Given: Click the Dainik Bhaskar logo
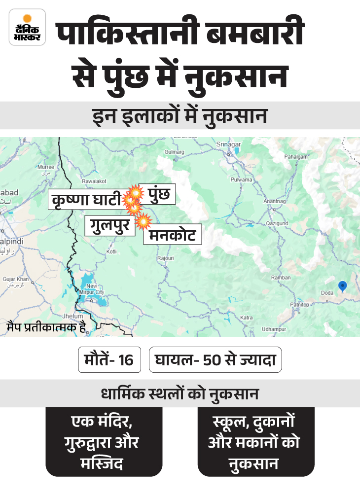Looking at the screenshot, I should (x=27, y=28).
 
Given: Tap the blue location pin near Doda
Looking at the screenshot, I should (x=342, y=286).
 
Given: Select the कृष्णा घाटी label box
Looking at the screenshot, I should (x=85, y=200).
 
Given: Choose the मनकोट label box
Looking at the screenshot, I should (x=173, y=235).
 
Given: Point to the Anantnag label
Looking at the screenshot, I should (x=275, y=202).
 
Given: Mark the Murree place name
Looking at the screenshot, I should (x=46, y=167).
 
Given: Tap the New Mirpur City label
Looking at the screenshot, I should (x=93, y=289).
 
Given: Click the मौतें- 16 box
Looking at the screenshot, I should (x=109, y=359).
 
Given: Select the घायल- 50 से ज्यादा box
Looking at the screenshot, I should (x=215, y=359).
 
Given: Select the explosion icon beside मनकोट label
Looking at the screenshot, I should (x=143, y=222).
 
